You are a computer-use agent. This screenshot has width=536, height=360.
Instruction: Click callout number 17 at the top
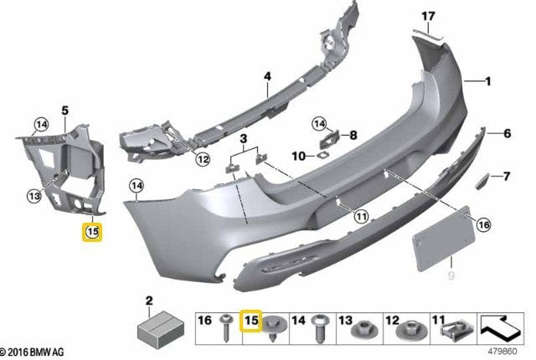coord(429,16)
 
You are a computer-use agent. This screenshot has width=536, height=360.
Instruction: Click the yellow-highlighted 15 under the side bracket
coord(91,231)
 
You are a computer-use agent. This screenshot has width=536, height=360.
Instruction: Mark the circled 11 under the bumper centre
coord(360,216)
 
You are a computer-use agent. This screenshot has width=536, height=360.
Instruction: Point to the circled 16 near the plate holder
coord(482,224)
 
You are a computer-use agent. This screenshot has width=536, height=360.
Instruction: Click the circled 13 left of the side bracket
coord(33,196)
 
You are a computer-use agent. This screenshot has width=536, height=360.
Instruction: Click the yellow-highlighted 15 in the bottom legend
coord(250,320)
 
